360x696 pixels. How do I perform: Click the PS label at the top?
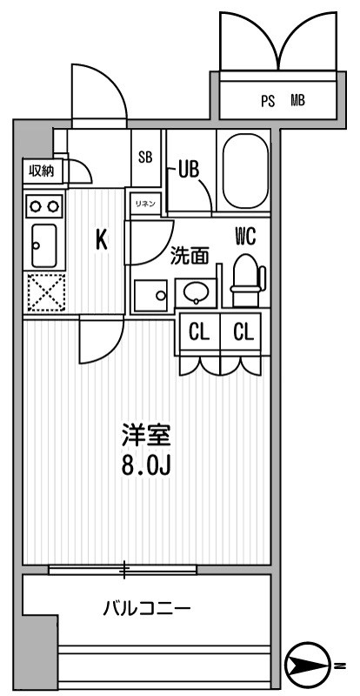coord(268,101)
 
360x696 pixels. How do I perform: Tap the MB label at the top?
coord(297,101)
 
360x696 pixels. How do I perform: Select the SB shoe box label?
coord(145,157)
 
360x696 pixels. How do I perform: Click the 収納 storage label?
coord(41,171)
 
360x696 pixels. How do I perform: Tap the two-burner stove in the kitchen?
coord(43,206)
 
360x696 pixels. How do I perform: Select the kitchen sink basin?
coord(43,245)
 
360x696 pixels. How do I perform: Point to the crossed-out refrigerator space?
coord(43,291)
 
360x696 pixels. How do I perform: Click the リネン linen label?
coord(144,203)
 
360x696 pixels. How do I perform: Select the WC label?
coord(244,235)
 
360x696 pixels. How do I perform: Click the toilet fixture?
coord(247,278)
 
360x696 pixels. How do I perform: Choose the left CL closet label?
coord(200,331)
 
